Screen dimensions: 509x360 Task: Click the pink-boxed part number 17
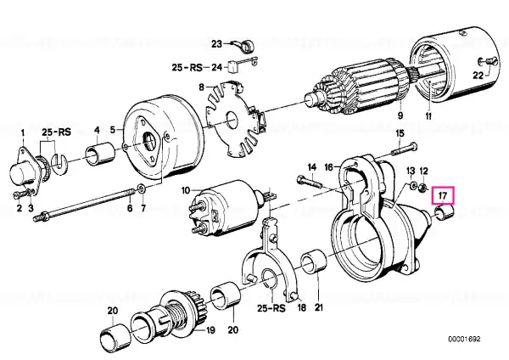[x=443, y=195]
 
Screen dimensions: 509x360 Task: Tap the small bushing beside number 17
[x=444, y=213]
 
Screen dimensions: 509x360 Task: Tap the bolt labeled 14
[x=309, y=182]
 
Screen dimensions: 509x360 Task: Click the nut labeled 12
[x=422, y=187]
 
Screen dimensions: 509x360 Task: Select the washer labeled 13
[x=413, y=186]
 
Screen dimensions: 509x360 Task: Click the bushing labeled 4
[x=100, y=152]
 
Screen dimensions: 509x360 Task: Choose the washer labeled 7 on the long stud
[x=142, y=188]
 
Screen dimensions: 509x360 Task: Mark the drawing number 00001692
[x=464, y=340]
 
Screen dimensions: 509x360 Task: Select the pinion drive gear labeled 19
[x=171, y=312]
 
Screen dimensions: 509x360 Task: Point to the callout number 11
[x=428, y=116]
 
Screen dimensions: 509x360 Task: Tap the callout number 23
[x=216, y=43]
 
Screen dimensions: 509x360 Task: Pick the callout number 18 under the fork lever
[x=302, y=307]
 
